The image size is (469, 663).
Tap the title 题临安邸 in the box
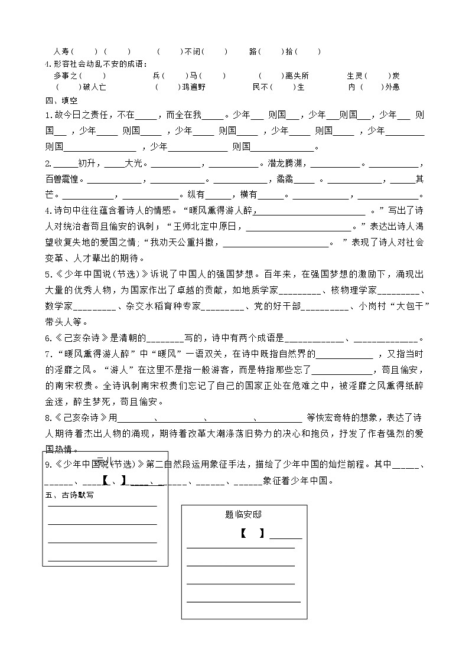(x=243, y=514)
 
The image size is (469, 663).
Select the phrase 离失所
(x=297, y=76)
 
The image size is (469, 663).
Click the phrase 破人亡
(x=95, y=87)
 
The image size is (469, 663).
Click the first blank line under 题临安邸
(x=240, y=548)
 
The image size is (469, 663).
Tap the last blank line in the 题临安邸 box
(x=243, y=602)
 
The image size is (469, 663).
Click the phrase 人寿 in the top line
(x=61, y=51)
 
